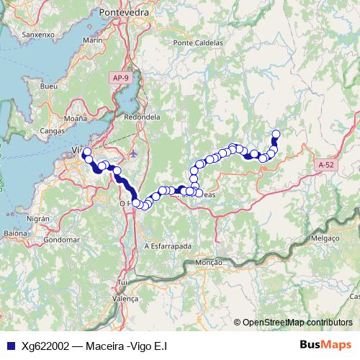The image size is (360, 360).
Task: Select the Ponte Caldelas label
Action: pos(198,43)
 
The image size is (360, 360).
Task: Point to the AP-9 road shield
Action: pos(120,76)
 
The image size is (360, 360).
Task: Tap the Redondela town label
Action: pos(141,116)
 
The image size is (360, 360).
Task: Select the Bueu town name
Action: pos(49,86)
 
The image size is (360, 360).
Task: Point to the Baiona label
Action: pos(15,233)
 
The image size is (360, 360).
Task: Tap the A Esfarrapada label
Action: pos(167,246)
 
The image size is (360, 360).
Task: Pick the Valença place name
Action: pos(125,297)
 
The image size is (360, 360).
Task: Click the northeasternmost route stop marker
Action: pos(275,133)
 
